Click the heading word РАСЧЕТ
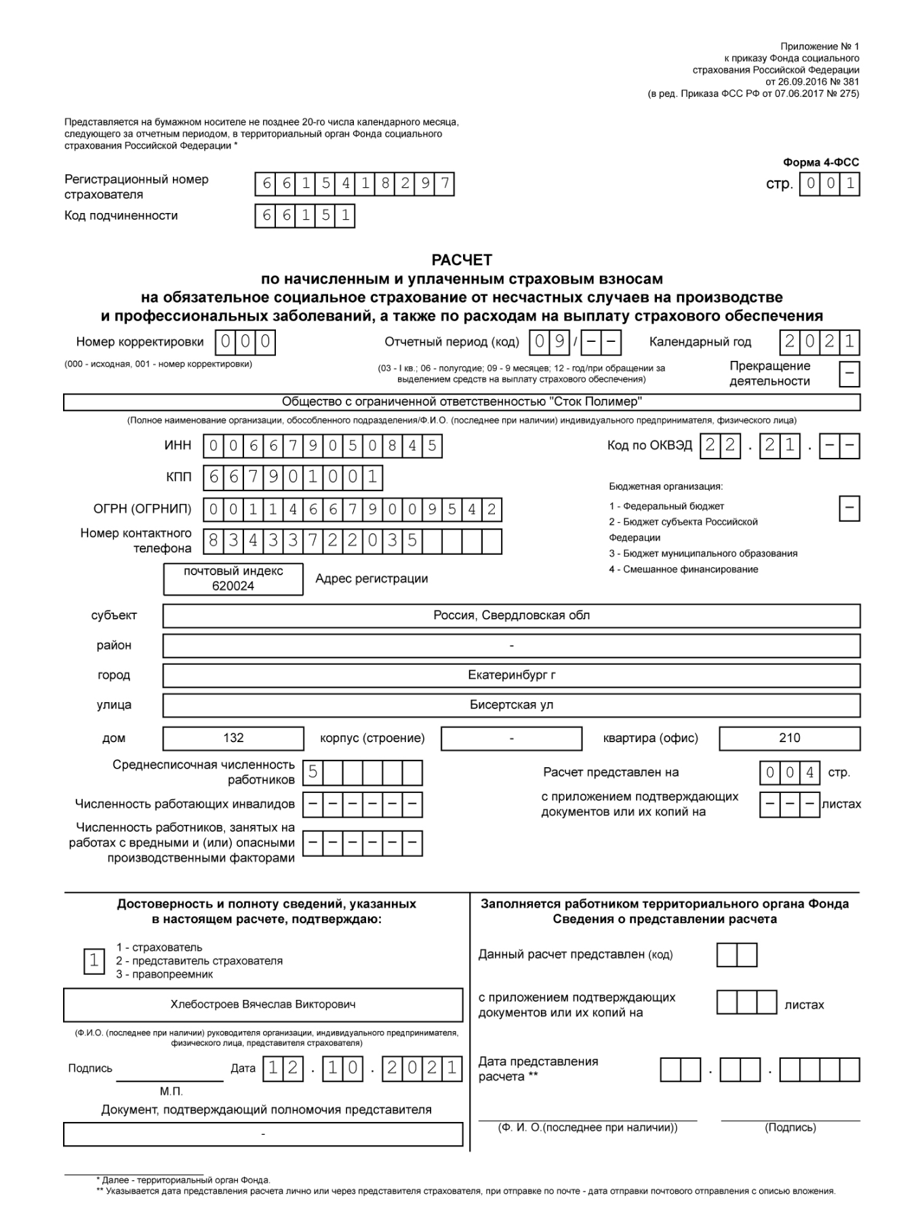click(x=462, y=260)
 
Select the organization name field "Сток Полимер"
click(x=462, y=402)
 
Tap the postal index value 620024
click(x=233, y=586)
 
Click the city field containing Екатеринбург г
click(x=511, y=676)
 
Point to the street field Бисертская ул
click(x=511, y=705)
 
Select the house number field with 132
click(x=233, y=738)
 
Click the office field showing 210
click(x=789, y=738)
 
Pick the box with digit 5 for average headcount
click(x=313, y=772)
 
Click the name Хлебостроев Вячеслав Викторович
click(x=263, y=1005)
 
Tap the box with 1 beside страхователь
click(x=94, y=961)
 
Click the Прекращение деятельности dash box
click(x=849, y=374)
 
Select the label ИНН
click(x=178, y=446)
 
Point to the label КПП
click(x=179, y=478)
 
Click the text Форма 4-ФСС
click(x=820, y=163)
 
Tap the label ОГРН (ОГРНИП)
click(x=142, y=509)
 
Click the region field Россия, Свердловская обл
click(x=511, y=616)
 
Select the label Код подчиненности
click(x=121, y=216)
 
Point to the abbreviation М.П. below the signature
click(x=171, y=1091)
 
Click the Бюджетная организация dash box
click(x=849, y=508)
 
